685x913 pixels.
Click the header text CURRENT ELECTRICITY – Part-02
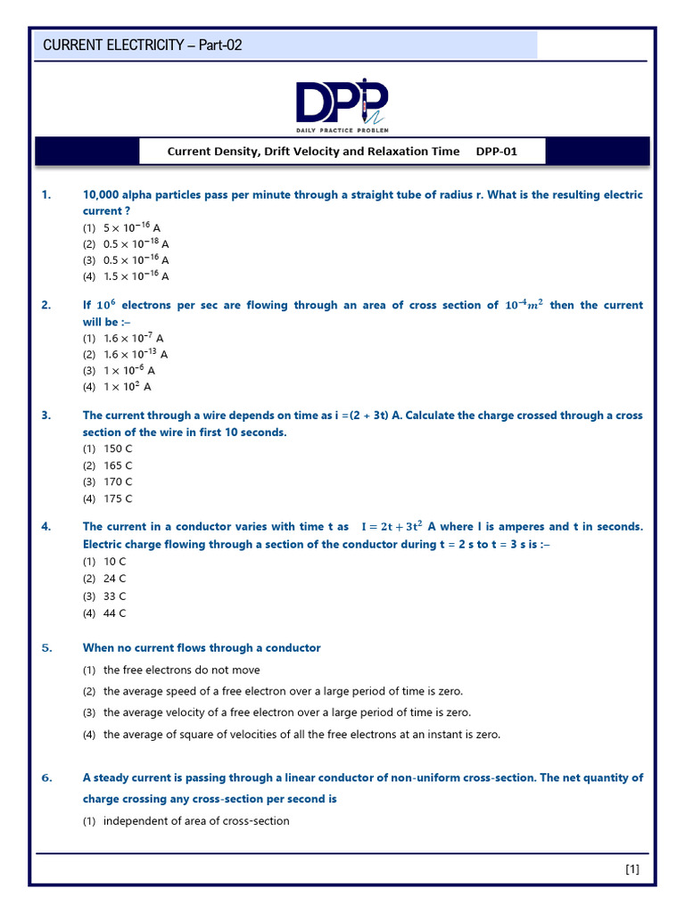(143, 45)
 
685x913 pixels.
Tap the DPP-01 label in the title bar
(496, 152)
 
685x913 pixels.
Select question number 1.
(47, 194)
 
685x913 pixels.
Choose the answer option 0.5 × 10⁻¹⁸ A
(136, 243)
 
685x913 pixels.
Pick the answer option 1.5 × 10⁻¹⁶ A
(136, 276)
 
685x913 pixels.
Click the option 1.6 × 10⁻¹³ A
(136, 354)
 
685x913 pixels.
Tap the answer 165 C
(118, 465)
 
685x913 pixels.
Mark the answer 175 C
(118, 498)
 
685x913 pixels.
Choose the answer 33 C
(115, 596)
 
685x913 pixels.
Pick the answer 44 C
(115, 613)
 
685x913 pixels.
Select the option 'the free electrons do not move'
(182, 670)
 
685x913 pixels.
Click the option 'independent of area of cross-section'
(196, 821)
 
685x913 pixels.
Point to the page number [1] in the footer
(631, 869)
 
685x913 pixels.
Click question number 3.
(47, 415)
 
